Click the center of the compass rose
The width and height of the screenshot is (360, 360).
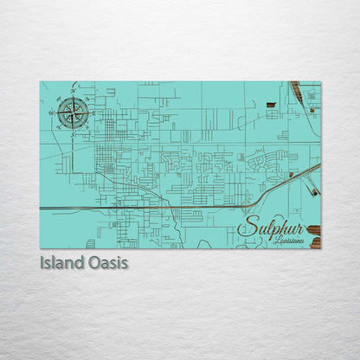(73, 112)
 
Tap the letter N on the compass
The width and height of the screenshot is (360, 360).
(73, 93)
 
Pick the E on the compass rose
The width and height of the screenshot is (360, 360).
(93, 112)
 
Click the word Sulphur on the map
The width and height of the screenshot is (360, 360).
(268, 229)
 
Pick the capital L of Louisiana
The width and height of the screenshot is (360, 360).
(274, 241)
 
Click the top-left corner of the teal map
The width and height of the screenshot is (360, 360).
(40, 81)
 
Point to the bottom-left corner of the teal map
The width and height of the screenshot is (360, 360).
(40, 248)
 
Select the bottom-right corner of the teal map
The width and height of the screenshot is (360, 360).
(320, 248)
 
